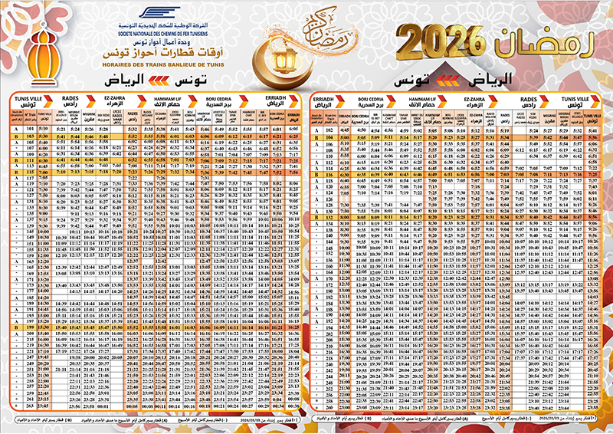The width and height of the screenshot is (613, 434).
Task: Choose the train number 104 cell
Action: point(329,136)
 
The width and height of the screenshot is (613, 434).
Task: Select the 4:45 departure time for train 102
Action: point(344,130)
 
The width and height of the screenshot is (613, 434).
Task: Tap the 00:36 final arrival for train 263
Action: point(295,400)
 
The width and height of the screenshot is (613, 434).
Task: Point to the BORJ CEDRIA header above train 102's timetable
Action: point(371,100)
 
